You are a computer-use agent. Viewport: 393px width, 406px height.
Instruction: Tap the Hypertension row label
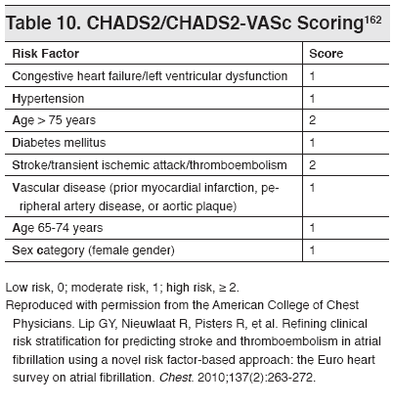tap(48, 99)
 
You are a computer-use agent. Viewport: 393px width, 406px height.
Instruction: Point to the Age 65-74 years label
tap(55, 227)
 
